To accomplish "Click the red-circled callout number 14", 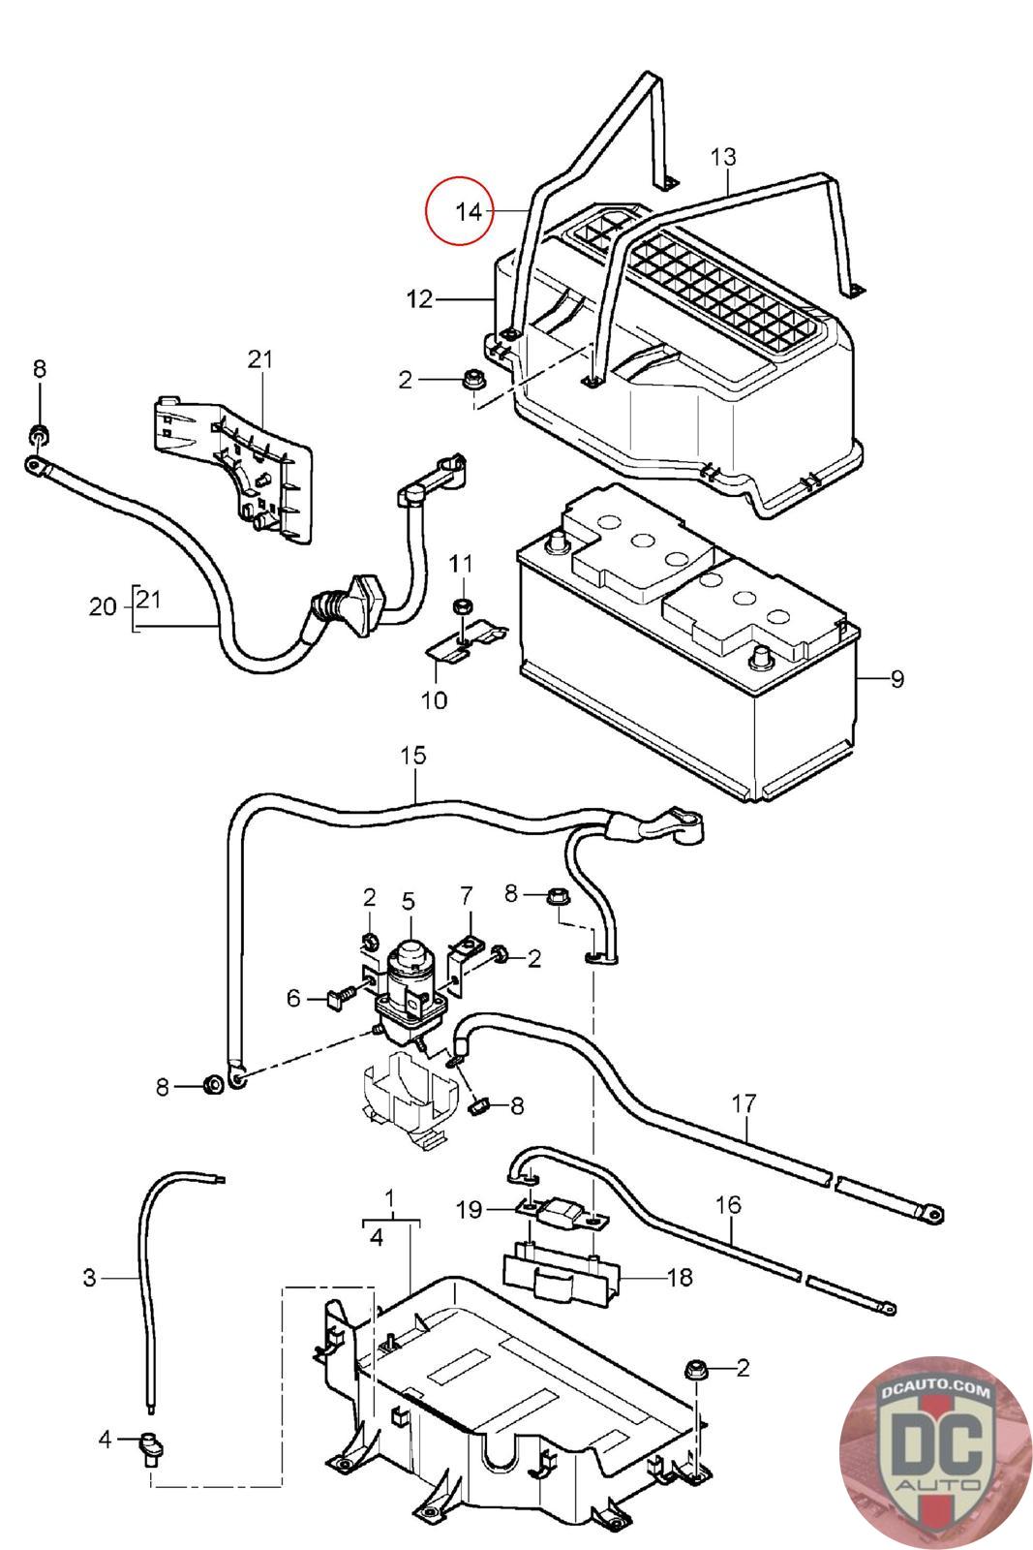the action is click(x=469, y=211).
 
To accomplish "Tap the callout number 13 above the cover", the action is click(x=723, y=157).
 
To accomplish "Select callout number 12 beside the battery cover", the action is click(x=420, y=299).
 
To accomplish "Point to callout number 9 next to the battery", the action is click(x=896, y=679).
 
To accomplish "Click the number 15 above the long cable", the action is click(x=412, y=755).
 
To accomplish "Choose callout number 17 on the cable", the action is click(x=744, y=1103).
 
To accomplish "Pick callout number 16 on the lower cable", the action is click(x=728, y=1205).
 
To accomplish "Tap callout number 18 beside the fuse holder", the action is click(x=680, y=1278).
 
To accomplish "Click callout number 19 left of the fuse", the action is click(x=469, y=1210).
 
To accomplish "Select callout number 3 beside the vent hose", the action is click(x=89, y=1278).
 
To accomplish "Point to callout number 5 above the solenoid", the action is click(x=408, y=901).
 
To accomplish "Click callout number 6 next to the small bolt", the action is click(x=293, y=998).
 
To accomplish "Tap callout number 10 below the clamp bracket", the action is click(x=435, y=700).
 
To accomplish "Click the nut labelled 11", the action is click(x=461, y=606).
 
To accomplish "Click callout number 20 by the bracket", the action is click(x=103, y=606).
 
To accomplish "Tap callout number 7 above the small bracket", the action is click(x=466, y=896).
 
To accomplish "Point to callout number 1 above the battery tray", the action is click(x=389, y=1197).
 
